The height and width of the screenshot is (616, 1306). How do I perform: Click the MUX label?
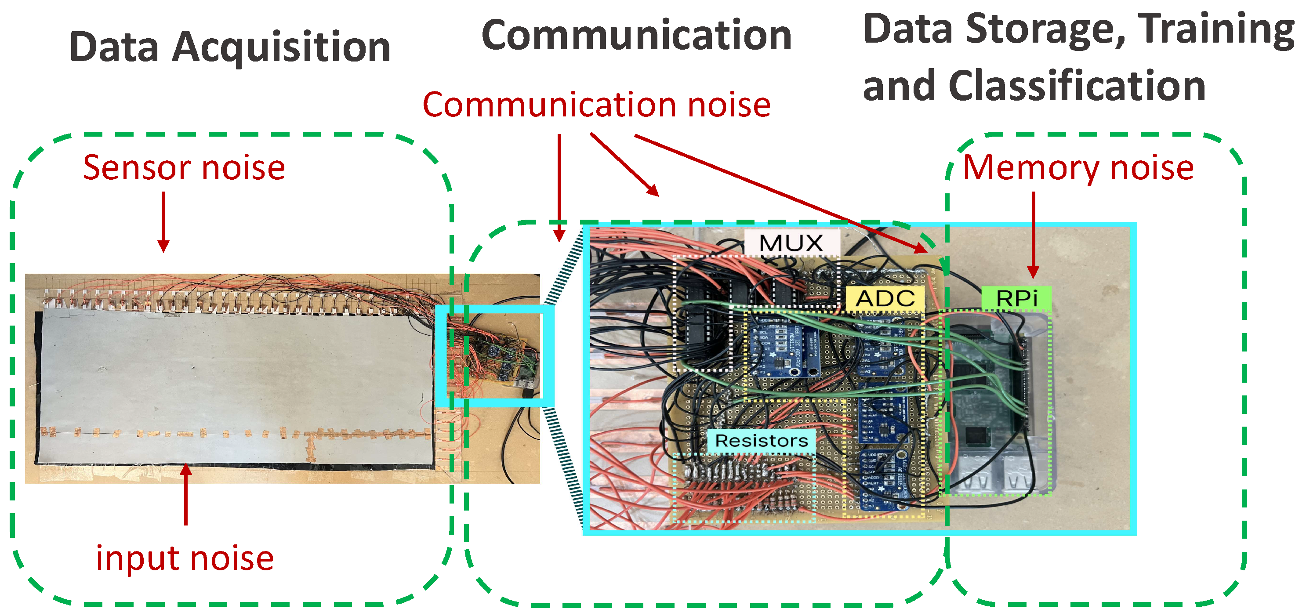791,244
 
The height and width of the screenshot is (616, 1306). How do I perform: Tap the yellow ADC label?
885,298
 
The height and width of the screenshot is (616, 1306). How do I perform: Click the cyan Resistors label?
762,441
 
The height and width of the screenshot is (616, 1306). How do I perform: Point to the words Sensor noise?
184,168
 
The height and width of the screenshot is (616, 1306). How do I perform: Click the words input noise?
185,558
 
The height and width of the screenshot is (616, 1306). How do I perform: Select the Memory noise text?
1078,168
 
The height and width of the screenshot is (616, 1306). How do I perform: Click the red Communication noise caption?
596,105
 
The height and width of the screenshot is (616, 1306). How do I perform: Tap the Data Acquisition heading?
230,47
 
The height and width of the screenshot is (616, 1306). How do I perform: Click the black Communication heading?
636,36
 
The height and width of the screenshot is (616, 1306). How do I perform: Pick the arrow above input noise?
186,494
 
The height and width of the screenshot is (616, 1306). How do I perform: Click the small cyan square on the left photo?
494,355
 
